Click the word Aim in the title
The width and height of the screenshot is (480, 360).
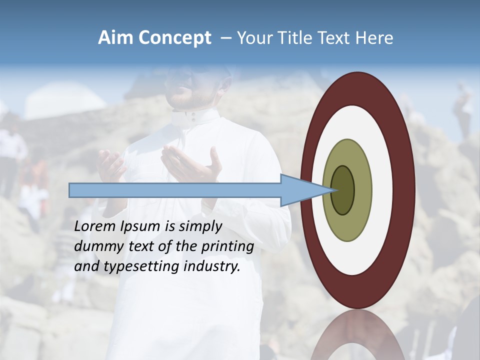[116, 38]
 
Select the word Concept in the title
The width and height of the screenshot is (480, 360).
[174, 38]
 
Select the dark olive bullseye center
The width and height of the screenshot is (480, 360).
[342, 190]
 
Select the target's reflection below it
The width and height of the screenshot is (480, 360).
[357, 335]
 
